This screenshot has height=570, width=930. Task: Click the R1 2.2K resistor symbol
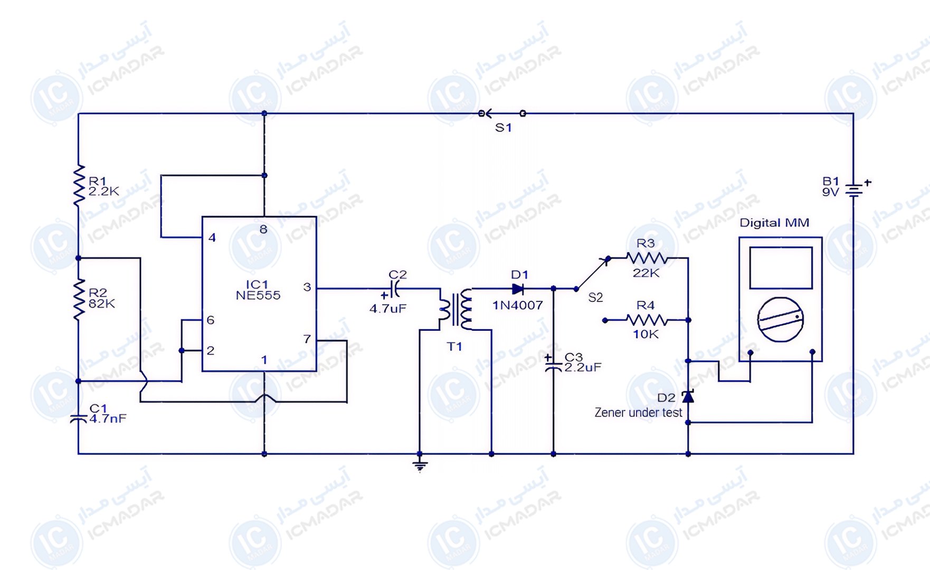[79, 185]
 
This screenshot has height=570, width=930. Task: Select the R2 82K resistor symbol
[79, 299]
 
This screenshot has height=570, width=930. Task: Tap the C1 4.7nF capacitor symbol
[79, 419]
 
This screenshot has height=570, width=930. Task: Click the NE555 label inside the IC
[258, 296]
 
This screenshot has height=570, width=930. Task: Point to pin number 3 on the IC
[307, 287]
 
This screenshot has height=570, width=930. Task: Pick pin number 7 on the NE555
[307, 339]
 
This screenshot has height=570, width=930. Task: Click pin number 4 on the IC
[212, 237]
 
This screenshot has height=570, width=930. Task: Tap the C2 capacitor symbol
[393, 289]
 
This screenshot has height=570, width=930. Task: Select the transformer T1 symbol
[455, 309]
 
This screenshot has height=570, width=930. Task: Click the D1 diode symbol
[518, 289]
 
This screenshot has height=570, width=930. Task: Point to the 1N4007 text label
[518, 305]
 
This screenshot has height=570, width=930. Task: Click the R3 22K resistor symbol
[647, 258]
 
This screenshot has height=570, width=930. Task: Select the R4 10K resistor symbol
[647, 320]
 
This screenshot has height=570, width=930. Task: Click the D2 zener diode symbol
[688, 396]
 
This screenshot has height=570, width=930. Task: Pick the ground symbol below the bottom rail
[420, 465]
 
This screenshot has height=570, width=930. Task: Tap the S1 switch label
[504, 128]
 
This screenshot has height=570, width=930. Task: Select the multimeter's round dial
[780, 319]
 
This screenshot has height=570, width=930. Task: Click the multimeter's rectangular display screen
[781, 268]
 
